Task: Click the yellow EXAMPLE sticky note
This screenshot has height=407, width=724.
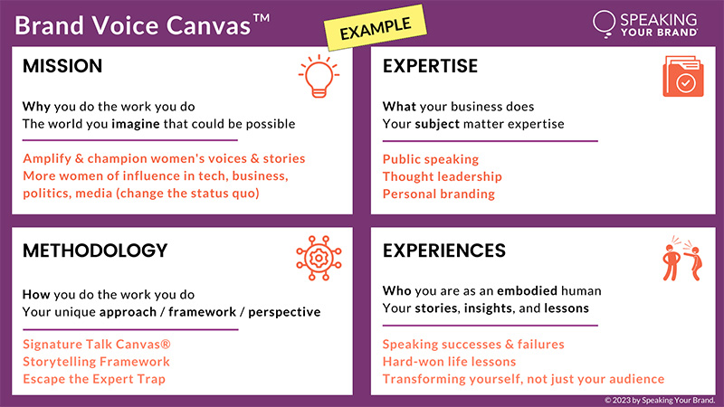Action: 376,28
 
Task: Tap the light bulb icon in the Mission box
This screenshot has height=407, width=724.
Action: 319,77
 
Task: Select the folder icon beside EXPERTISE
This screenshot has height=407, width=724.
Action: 683,77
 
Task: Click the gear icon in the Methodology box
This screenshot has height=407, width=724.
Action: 319,259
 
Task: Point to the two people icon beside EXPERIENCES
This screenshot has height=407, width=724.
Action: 682,259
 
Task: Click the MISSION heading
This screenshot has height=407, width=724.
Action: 62,66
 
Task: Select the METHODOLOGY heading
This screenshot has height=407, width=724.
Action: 95,251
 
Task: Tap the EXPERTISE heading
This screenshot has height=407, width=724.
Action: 430,66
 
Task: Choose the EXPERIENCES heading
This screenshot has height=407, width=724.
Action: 444,251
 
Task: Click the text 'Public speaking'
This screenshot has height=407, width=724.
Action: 431,159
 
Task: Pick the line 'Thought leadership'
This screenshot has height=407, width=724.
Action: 443,176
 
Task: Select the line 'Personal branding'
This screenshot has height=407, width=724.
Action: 439,194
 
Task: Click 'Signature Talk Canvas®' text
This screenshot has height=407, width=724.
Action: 97,345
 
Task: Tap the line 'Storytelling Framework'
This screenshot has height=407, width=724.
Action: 96,362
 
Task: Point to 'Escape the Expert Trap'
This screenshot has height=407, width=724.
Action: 94,379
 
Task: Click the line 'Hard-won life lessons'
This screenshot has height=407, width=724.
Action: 449,362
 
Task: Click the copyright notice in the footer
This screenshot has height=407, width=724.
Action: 660,401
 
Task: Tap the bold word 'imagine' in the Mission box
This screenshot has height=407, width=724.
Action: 136,124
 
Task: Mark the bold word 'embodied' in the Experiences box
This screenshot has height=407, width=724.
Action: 528,290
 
